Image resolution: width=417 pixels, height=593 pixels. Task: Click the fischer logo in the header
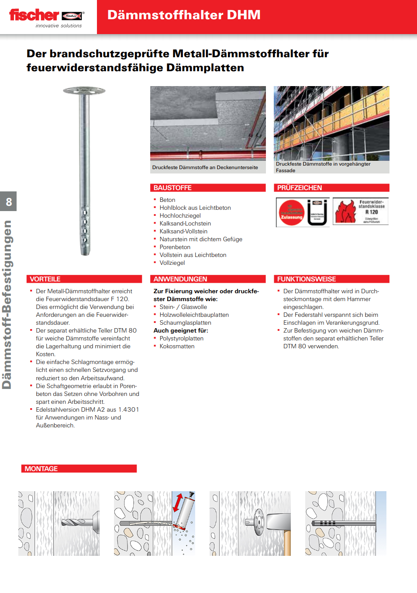coord(46,17)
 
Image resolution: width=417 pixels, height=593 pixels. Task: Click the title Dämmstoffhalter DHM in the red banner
coord(184,15)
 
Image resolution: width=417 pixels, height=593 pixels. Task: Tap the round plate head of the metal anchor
coord(84,90)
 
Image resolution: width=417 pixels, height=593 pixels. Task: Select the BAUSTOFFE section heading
coord(172,188)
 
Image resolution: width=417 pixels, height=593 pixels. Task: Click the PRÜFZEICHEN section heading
coord(300,188)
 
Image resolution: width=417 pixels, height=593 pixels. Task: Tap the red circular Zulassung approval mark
coord(292,213)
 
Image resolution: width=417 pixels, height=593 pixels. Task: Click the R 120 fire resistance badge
coord(361,212)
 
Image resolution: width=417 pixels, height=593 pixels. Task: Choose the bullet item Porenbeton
coord(175,247)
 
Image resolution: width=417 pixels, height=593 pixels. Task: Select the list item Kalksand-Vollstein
coord(183,232)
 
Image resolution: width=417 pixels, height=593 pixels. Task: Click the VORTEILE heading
coord(45,279)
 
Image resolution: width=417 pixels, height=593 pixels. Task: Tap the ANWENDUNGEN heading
coord(180,279)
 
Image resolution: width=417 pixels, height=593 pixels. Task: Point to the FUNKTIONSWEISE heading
coord(307,279)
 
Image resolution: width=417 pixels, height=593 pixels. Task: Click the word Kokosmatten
coord(177,347)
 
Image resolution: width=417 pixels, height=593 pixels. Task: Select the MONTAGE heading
coord(41,469)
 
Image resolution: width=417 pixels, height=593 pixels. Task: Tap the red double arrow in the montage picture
coord(178,502)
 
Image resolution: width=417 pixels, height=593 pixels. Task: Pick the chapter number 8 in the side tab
coord(9,202)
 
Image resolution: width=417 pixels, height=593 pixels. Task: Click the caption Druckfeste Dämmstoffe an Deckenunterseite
coord(205,167)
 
